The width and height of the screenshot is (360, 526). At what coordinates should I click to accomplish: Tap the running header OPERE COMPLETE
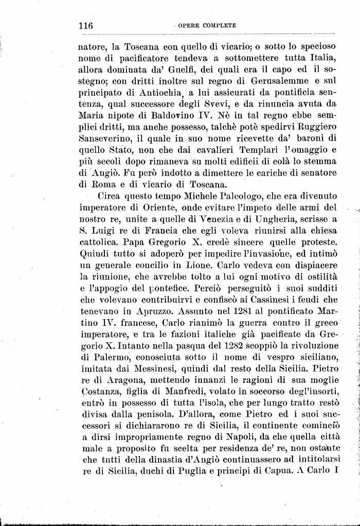[x=207, y=25]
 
